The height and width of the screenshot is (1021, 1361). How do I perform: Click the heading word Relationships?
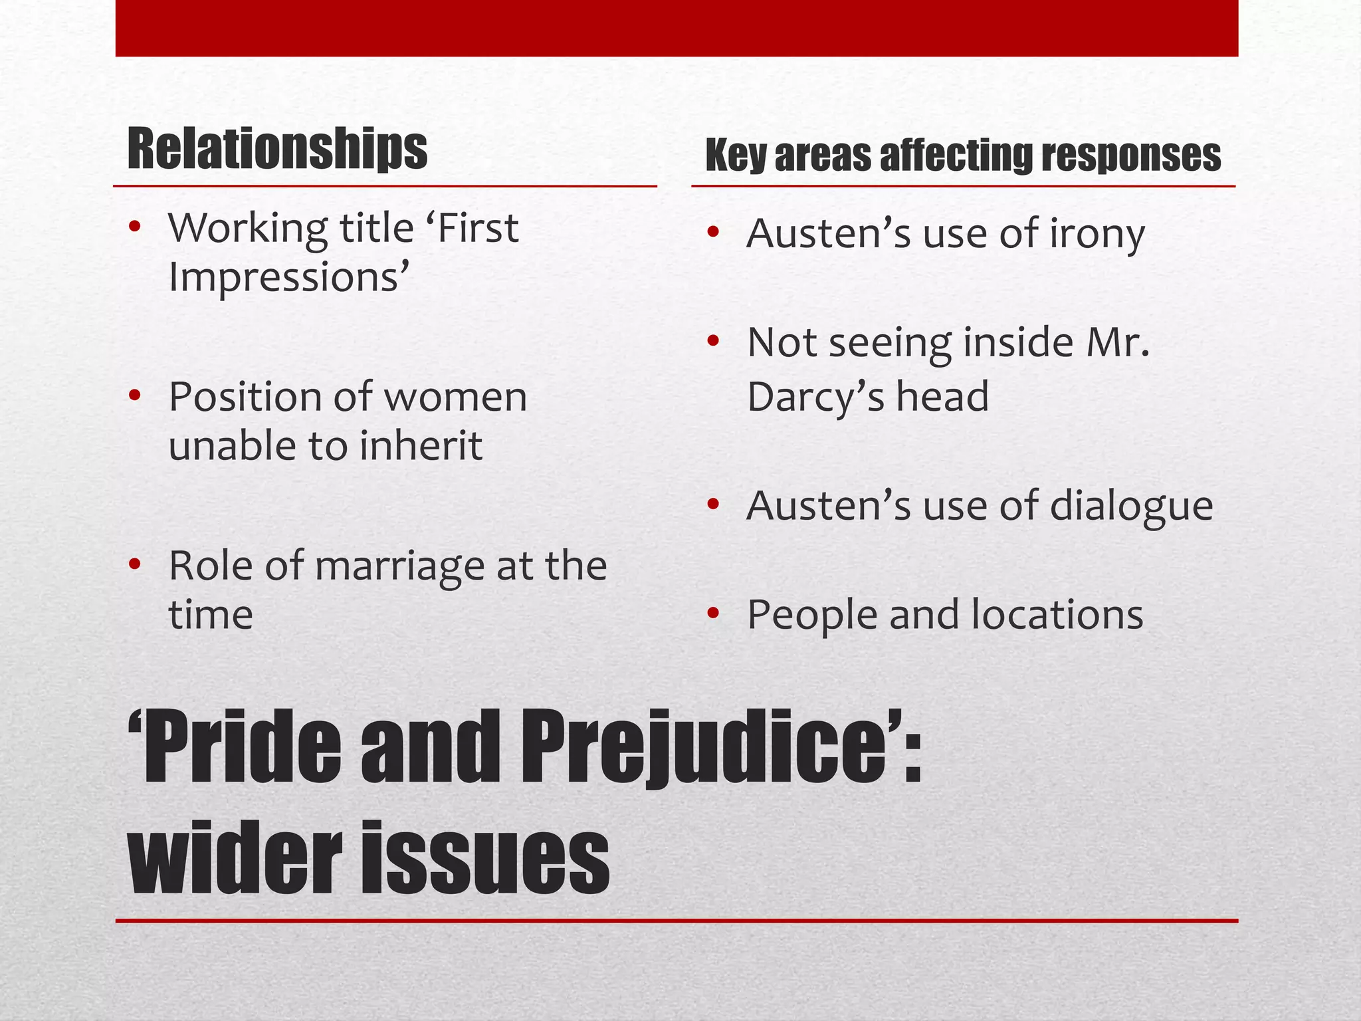coord(277,149)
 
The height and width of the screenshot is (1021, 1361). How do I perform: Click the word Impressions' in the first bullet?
coord(289,277)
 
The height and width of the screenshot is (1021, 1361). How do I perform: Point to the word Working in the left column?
coord(248,229)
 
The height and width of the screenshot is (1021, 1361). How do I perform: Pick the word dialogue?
coord(1132,506)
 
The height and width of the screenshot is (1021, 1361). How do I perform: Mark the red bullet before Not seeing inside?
coord(714,342)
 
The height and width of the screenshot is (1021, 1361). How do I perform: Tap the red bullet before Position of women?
coord(135,397)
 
